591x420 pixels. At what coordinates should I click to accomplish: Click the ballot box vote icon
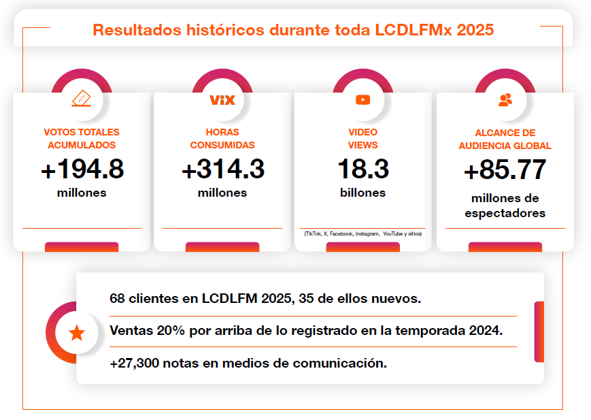tap(81, 99)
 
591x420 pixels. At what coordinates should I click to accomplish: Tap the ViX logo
tap(222, 100)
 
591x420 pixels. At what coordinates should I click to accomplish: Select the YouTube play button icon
tap(362, 100)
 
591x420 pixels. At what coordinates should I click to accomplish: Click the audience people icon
tap(505, 100)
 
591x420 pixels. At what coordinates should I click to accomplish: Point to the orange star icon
tap(77, 333)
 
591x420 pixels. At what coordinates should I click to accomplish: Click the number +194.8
tap(82, 169)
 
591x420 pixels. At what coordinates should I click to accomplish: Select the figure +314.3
tap(222, 169)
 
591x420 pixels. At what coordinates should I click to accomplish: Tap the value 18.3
tap(362, 169)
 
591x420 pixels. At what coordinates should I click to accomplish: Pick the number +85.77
tap(505, 170)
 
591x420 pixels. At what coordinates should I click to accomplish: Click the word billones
tap(362, 193)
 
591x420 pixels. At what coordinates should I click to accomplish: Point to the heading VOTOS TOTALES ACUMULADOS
tap(82, 138)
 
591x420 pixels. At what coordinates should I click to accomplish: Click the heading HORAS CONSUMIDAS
tap(222, 138)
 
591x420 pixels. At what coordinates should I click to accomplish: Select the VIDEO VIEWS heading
tap(362, 138)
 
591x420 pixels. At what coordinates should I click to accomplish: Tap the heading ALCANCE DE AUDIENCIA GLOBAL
tap(505, 140)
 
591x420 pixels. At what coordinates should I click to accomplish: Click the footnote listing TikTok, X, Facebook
tap(362, 234)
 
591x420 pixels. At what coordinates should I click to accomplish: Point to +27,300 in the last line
tap(133, 363)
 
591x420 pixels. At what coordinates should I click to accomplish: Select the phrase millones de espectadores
tap(505, 206)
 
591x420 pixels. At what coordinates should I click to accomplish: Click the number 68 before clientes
tap(117, 298)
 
